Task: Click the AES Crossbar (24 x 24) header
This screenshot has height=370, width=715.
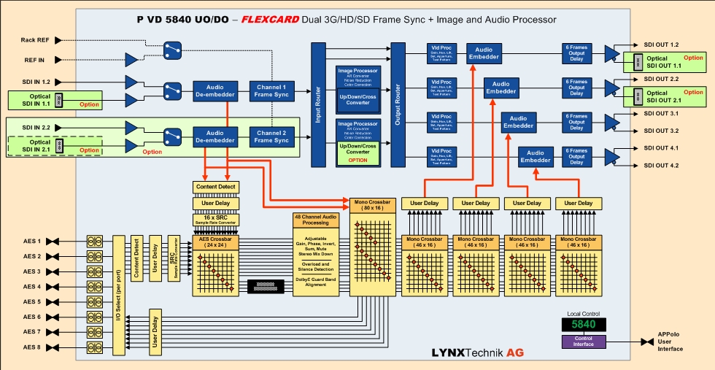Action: click(x=215, y=241)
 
